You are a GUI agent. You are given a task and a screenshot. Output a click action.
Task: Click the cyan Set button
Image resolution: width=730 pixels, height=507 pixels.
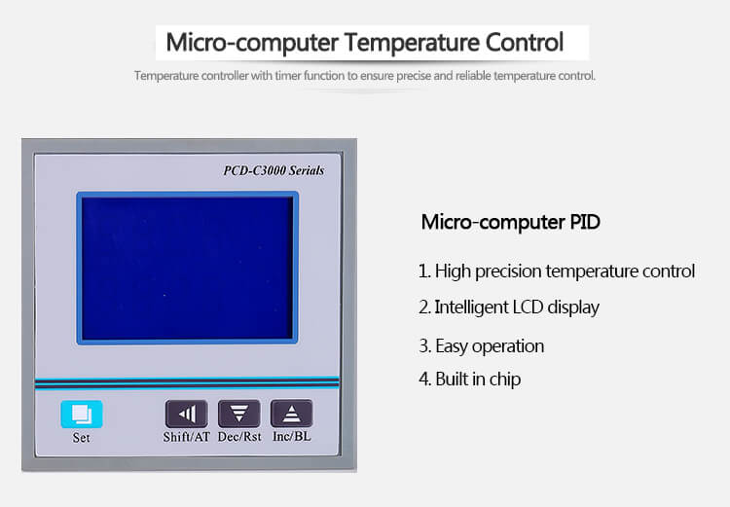coord(82,414)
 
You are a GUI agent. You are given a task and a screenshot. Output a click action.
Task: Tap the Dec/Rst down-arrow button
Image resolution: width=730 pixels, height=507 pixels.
coord(238,414)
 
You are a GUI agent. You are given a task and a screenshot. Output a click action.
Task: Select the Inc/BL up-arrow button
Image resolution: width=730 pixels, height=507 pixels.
coord(291,414)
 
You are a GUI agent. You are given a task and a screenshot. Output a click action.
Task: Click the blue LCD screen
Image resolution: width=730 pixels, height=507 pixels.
coord(187,268)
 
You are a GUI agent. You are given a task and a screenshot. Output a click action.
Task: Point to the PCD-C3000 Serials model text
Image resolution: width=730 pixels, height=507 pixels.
coord(274,170)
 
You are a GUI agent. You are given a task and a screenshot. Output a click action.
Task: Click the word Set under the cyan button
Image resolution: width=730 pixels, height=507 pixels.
coord(81,438)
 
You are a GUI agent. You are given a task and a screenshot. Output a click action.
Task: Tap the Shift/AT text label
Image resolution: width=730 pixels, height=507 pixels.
coord(186,437)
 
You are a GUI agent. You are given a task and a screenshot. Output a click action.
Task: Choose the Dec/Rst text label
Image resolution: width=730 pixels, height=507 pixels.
coord(239,437)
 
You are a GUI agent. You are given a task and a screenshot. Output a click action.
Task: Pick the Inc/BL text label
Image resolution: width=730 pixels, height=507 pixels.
coord(291,437)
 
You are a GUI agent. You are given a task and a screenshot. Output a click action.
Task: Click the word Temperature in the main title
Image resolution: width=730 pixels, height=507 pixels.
coord(412,43)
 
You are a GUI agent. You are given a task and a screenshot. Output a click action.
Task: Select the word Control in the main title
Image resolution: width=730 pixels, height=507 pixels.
coord(525,43)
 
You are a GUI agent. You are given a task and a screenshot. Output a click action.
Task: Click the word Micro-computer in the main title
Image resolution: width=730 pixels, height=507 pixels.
coord(252,43)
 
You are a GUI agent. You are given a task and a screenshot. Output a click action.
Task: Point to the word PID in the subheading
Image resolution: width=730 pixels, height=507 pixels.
coord(585,222)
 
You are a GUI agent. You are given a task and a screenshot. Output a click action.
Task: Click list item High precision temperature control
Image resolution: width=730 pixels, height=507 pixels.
coord(557,271)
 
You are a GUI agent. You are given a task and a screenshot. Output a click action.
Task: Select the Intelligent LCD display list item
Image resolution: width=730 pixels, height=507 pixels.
coord(509,308)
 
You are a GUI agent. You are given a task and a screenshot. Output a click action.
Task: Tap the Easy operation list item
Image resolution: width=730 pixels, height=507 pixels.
coord(482,345)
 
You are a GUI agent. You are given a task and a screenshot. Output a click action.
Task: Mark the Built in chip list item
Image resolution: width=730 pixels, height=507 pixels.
coord(469,379)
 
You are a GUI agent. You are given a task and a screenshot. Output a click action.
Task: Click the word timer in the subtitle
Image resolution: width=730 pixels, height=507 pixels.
coord(288,76)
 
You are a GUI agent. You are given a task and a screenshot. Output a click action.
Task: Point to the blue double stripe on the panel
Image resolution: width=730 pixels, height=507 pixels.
coord(187,383)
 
